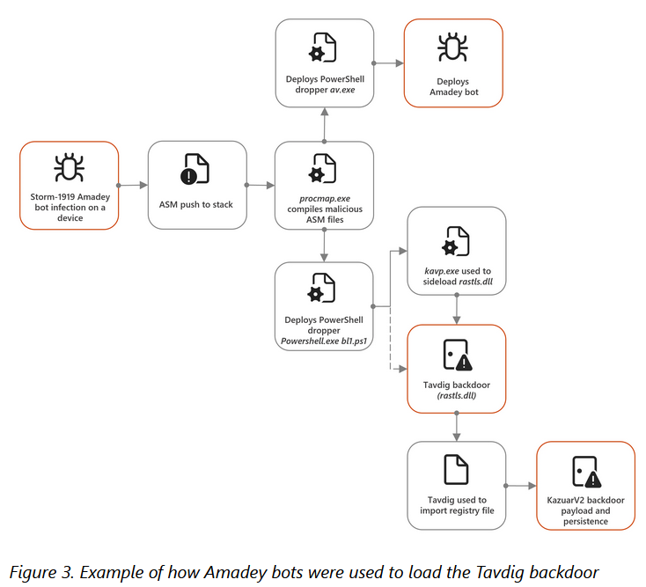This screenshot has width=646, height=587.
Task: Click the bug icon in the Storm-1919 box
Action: [70, 168]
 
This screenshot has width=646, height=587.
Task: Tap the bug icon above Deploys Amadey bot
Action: [452, 47]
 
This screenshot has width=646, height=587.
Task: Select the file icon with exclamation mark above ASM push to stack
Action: [195, 169]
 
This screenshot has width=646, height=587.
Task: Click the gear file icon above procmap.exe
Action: [323, 168]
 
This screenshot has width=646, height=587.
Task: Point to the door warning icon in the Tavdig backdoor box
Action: [458, 355]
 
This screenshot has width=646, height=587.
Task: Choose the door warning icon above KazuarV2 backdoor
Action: [587, 472]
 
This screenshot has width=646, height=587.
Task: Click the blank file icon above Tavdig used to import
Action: [456, 469]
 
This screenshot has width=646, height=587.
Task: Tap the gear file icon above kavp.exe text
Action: [456, 241]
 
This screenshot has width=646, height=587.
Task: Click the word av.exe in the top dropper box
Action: [342, 90]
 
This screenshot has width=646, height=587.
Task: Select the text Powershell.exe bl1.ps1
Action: [324, 341]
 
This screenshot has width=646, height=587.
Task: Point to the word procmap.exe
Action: [325, 199]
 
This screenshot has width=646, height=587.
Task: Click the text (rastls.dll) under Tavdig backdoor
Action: [457, 396]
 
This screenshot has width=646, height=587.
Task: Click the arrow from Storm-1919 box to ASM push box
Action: [133, 186]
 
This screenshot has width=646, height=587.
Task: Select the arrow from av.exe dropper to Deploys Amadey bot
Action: [388, 63]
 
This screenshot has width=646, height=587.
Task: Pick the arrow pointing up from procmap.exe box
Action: [325, 125]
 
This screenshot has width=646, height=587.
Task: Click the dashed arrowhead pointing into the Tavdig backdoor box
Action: [402, 369]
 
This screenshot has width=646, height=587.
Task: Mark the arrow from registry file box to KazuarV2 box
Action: [521, 486]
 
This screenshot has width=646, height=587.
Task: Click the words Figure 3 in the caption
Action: [40, 573]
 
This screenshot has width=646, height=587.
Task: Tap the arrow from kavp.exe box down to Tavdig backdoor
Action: [457, 310]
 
